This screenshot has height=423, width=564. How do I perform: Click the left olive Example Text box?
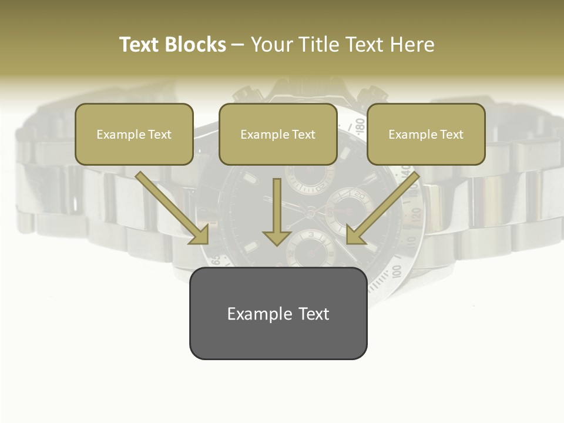pos(134,134)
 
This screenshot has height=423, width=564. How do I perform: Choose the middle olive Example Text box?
pos(278,134)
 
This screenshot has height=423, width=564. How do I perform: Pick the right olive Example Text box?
pos(426,134)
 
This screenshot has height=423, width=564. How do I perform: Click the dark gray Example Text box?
pos(278,313)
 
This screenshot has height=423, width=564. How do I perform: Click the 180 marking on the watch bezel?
pos(360,125)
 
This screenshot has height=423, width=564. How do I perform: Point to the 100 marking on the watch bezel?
pos(397,271)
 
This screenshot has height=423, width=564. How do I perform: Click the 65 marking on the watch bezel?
pos(216,259)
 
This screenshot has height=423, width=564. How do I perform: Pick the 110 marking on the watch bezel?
pos(411,241)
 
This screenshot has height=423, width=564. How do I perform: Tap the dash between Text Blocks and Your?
pos(239,45)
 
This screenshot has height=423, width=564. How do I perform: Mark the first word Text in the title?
pos(140,45)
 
